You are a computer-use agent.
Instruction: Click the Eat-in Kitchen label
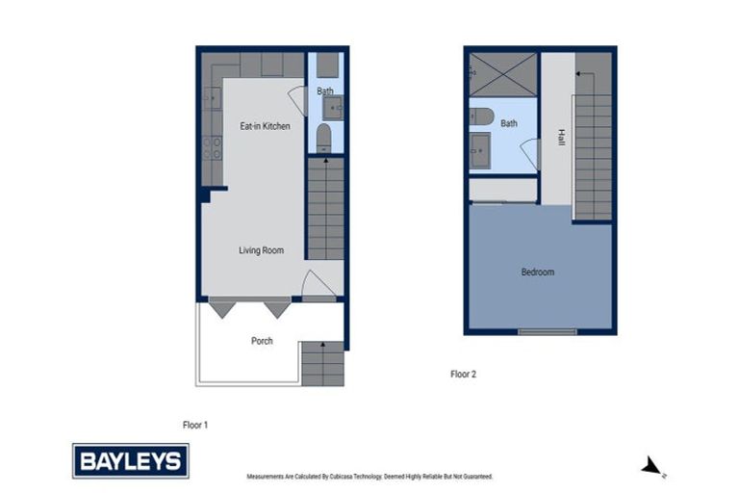coord(265,126)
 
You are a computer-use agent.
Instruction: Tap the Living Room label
coord(262,250)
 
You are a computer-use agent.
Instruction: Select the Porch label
coord(262,340)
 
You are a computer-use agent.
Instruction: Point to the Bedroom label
coord(537,272)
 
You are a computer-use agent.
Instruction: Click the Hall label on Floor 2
coord(561,138)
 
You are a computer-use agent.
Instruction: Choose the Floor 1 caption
coord(195,424)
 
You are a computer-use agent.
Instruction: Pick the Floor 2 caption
coord(463,374)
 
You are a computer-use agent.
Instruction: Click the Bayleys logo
coord(131,460)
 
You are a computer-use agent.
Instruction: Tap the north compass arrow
coord(651,467)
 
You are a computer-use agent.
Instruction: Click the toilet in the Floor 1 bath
coord(324,137)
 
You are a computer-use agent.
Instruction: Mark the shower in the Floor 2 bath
coord(503,74)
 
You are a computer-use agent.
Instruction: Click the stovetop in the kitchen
coord(212,147)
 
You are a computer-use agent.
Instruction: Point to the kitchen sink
coord(212,97)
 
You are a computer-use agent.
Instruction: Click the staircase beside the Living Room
coord(325,208)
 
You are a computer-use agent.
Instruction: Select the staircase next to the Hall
coord(592,144)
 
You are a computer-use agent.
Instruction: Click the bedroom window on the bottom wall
coord(547,332)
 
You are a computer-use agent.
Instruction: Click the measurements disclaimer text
coord(369,476)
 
